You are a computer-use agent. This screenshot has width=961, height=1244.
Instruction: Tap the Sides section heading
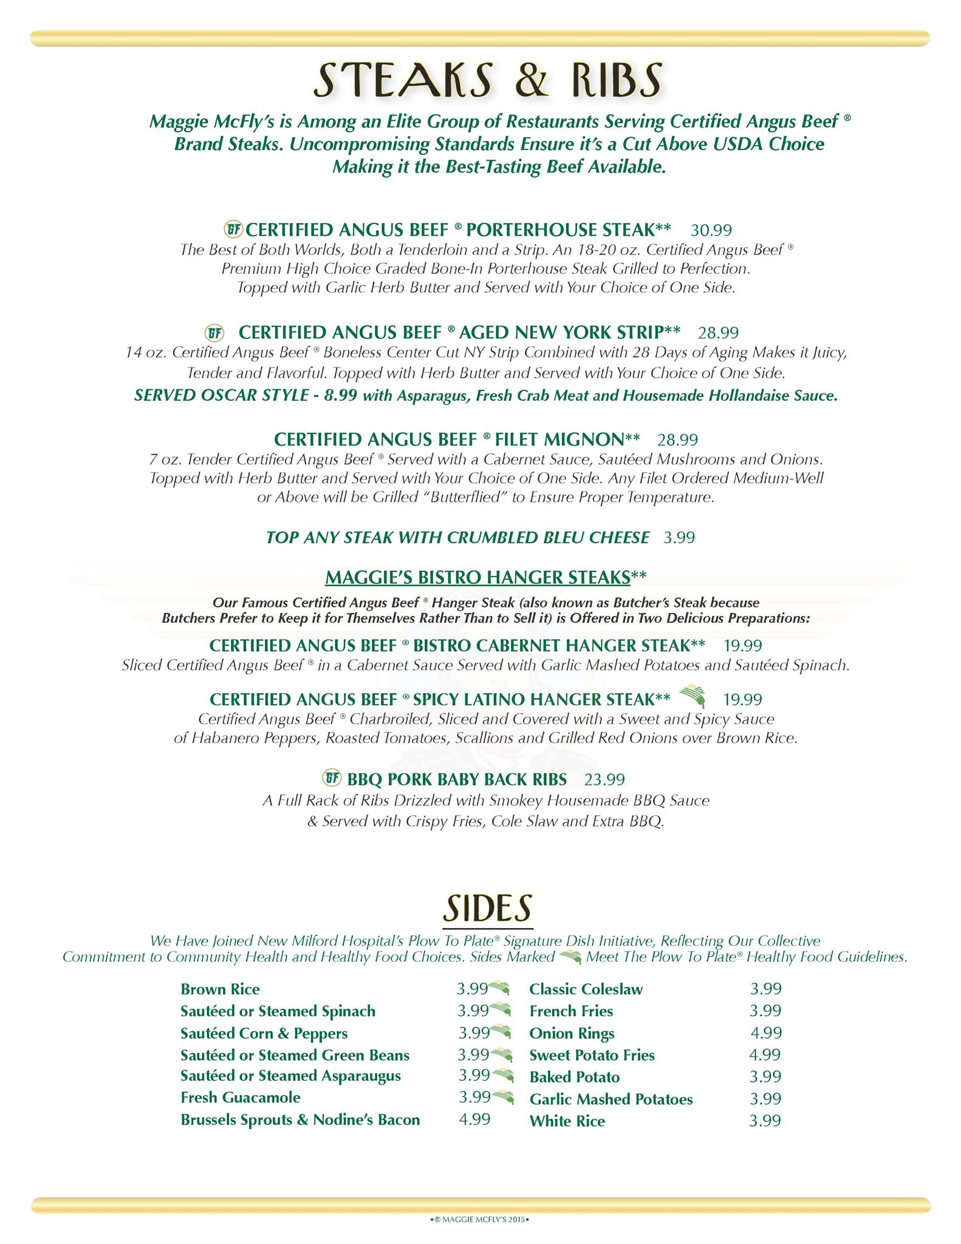488,908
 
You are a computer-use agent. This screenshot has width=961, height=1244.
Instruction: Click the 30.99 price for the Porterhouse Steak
711,230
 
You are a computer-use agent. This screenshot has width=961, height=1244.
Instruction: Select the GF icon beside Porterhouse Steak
233,230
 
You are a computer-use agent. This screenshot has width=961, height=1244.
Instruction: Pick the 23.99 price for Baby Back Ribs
604,779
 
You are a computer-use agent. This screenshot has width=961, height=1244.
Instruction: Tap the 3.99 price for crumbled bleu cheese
679,538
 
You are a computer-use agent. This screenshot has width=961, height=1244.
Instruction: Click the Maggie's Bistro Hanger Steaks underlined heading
477,577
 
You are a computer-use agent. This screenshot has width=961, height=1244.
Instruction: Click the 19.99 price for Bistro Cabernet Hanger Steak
742,646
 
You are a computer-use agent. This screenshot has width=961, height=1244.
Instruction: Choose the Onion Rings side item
572,1033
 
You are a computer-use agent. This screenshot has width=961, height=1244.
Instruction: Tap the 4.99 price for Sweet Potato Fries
765,1055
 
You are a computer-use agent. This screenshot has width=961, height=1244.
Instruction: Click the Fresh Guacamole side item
241,1098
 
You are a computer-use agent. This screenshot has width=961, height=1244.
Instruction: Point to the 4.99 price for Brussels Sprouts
474,1119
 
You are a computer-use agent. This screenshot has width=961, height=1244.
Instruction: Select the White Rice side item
567,1121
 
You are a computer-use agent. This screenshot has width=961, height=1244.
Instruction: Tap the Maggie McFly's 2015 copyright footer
480,1218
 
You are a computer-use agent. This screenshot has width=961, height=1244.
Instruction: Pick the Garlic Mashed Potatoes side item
611,1099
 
